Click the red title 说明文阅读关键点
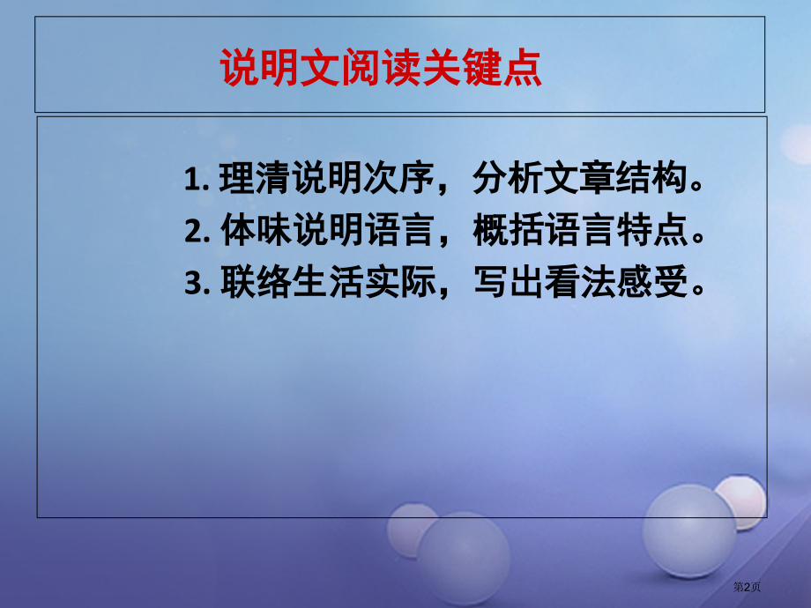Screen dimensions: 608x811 pos(380,69)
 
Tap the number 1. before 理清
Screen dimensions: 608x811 pos(197,181)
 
